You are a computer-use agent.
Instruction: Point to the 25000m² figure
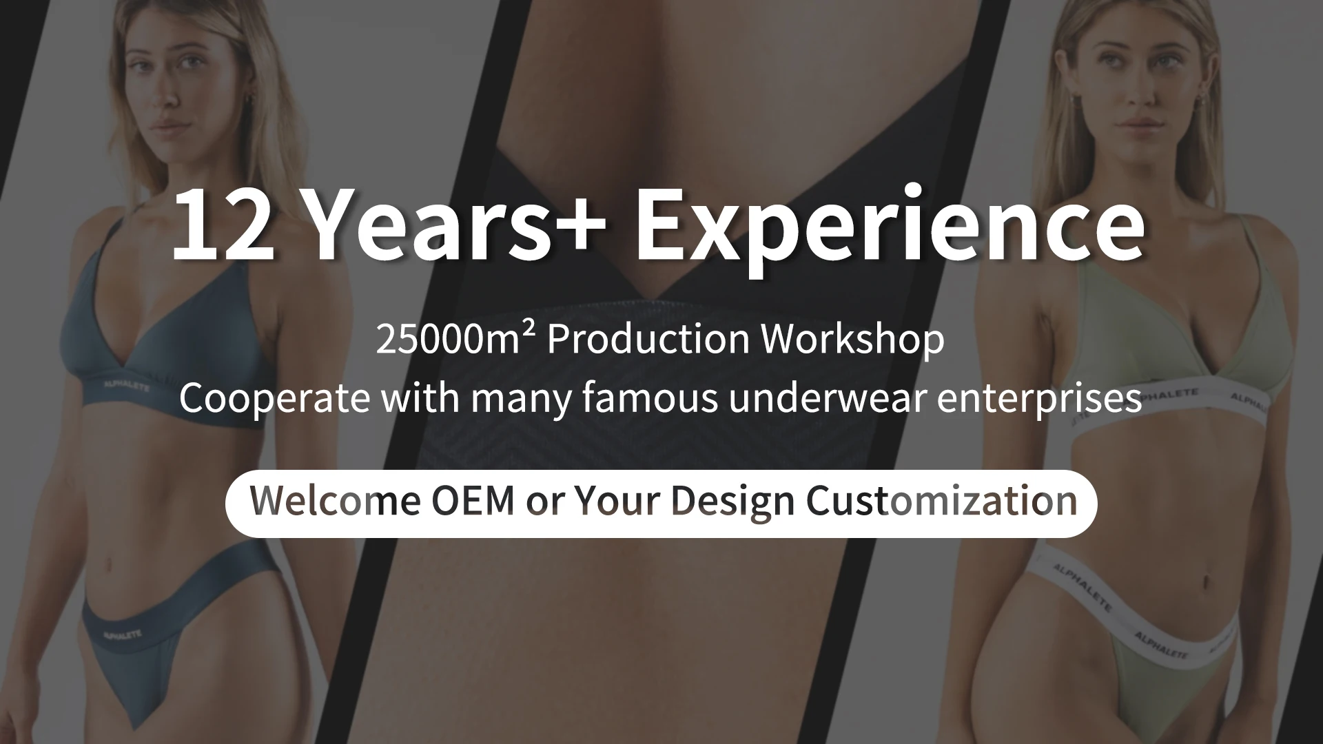click(455, 339)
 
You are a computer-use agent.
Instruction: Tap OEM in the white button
click(473, 502)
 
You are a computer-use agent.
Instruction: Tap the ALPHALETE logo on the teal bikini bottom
click(122, 634)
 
